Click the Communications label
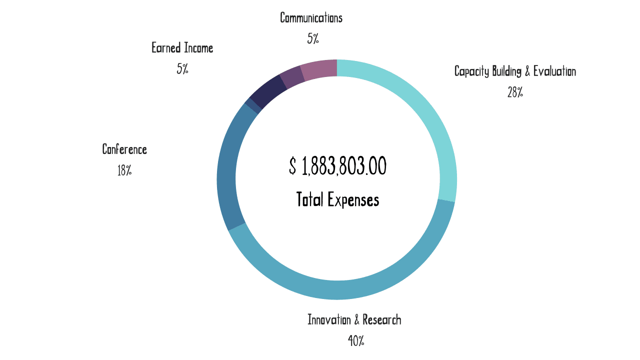[311, 18]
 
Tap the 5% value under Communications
[313, 39]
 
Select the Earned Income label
[182, 48]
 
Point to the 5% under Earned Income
[182, 69]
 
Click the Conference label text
[124, 149]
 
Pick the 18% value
[124, 170]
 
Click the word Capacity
[471, 71]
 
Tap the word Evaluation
[554, 71]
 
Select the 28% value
[515, 92]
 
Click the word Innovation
[329, 319]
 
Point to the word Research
[382, 319]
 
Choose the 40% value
[356, 341]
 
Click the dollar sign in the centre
[292, 166]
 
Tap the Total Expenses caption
[337, 200]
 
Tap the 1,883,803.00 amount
[344, 166]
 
